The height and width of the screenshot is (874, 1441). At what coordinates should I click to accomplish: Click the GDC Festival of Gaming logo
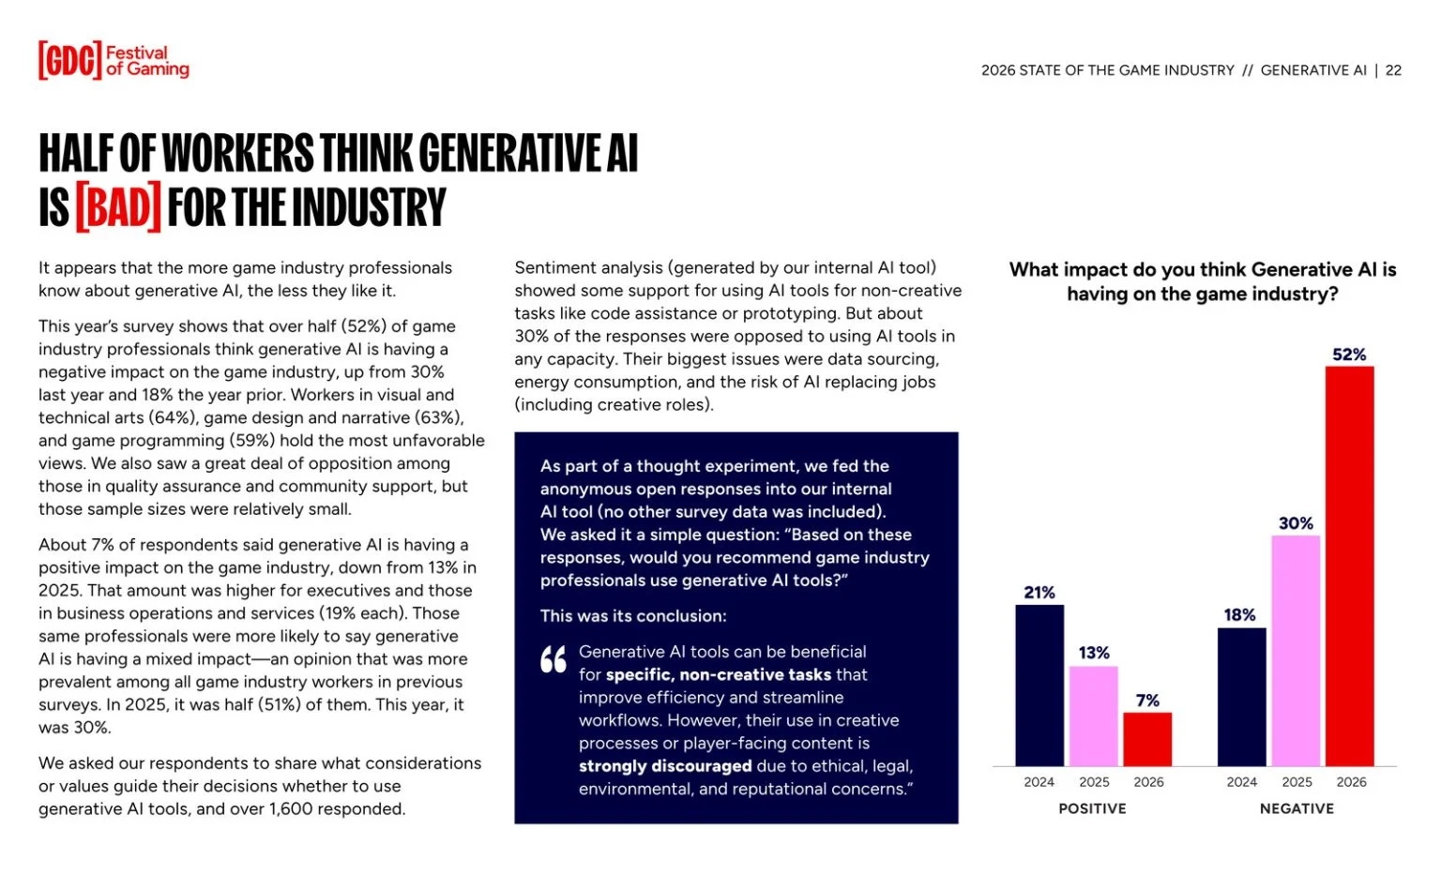pos(114,60)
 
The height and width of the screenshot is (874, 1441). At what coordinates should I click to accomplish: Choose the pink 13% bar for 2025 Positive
pos(1094,716)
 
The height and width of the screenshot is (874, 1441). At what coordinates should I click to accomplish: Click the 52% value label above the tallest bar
pos(1349,354)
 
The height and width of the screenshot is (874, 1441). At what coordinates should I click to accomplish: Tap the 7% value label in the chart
pos(1147,701)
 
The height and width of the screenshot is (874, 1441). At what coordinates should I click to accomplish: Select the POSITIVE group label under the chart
pos(1092,808)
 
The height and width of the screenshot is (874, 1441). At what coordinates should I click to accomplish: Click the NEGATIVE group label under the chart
pos(1297,808)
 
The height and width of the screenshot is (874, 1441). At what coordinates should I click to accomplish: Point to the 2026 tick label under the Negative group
pos(1351,782)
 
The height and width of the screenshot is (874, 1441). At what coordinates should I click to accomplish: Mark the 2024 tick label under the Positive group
pos(1039,782)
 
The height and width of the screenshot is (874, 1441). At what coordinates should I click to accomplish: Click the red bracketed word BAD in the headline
pos(118,207)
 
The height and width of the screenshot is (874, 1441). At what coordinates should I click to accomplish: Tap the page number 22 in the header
pos(1393,70)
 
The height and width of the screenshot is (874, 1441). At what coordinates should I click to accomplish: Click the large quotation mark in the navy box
pos(554,659)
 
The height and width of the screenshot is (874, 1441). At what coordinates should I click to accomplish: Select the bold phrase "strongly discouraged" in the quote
pos(665,766)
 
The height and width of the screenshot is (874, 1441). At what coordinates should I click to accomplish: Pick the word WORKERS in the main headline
pos(238,153)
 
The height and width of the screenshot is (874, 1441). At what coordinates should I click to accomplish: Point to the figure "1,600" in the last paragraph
pos(295,808)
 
